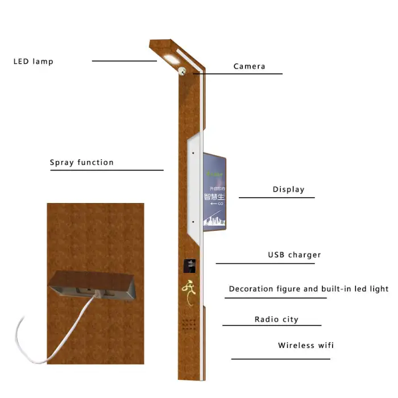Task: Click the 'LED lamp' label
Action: click(33, 61)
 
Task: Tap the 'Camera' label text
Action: click(249, 67)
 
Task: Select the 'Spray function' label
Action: click(82, 163)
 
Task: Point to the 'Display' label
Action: click(288, 190)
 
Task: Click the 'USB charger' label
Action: click(294, 255)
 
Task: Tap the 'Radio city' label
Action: click(276, 320)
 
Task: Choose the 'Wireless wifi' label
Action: click(306, 346)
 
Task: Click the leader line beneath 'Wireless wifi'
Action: click(280, 359)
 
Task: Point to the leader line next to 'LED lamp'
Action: click(124, 61)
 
